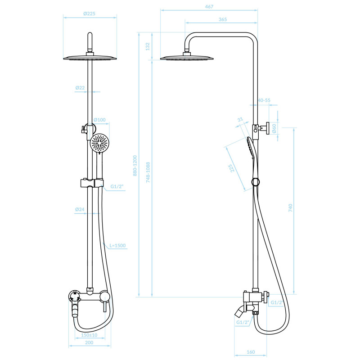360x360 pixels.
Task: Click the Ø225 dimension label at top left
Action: (89, 13)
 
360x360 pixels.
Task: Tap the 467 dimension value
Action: (209, 7)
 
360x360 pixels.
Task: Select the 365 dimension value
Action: (223, 19)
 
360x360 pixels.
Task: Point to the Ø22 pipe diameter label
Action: (80, 88)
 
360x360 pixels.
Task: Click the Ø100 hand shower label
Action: (99, 120)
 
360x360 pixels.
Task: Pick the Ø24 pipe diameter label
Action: (80, 209)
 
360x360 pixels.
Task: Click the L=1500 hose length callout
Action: (117, 245)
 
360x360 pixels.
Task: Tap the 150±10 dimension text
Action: (89, 335)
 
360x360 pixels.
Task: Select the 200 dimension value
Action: (89, 342)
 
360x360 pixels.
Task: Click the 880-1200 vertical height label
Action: (135, 166)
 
